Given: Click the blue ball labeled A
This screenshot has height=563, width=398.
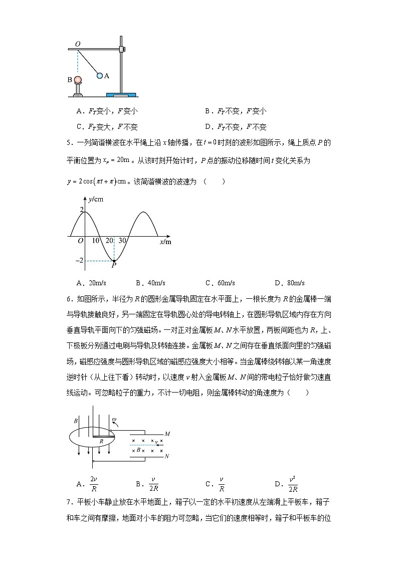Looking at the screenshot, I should pyautogui.click(x=100, y=76).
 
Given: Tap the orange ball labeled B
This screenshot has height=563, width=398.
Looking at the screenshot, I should pyautogui.click(x=77, y=79).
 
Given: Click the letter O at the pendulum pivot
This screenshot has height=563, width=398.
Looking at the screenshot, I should pyautogui.click(x=77, y=44).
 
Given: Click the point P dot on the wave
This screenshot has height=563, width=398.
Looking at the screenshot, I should pyautogui.click(x=114, y=261).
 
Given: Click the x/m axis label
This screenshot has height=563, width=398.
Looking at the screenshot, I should pyautogui.click(x=165, y=242).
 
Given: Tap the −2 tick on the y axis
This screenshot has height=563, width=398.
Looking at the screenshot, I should pyautogui.click(x=77, y=261).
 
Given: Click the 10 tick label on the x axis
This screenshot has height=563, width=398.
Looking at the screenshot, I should pyautogui.click(x=95, y=241).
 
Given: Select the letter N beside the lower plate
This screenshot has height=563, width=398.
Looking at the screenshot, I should pyautogui.click(x=167, y=457).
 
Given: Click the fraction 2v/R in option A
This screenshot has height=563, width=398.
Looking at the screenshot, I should pyautogui.click(x=93, y=483).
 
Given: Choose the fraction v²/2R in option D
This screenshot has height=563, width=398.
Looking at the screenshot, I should pyautogui.click(x=293, y=483).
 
